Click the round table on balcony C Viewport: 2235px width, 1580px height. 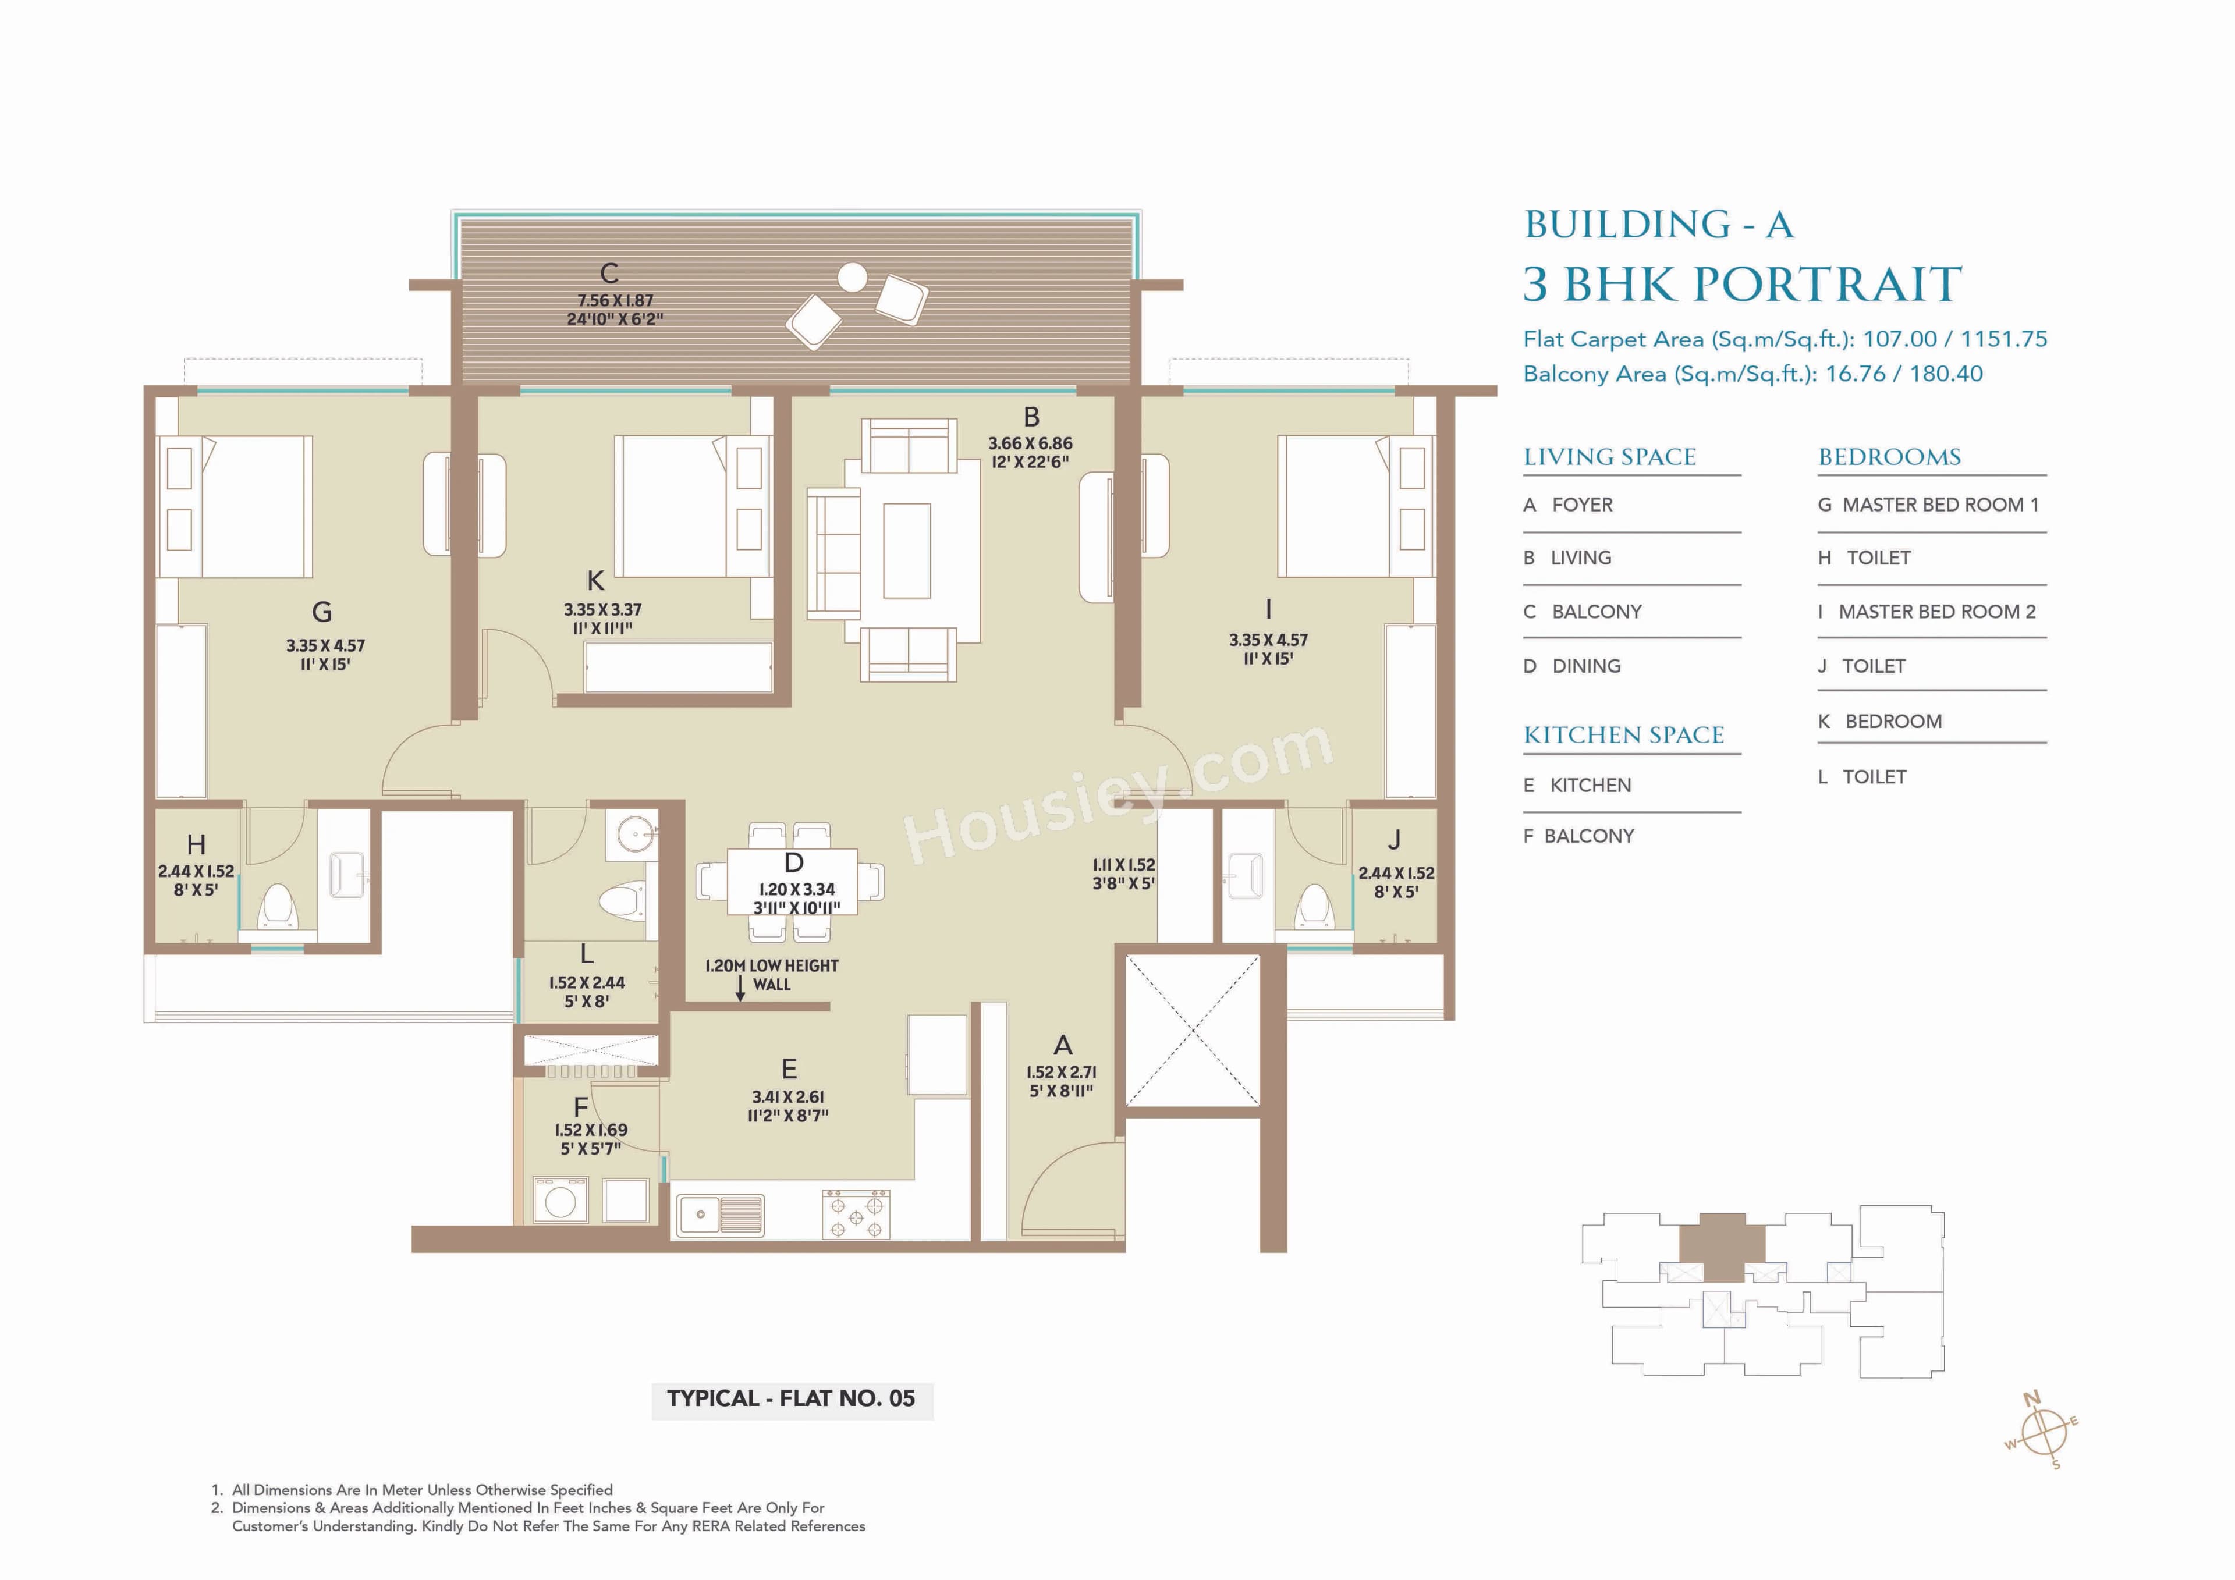tap(852, 278)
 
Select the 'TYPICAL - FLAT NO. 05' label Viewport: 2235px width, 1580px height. tap(790, 1399)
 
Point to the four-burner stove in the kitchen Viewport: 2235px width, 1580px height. tap(854, 1214)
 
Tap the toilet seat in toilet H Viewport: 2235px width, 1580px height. tap(278, 906)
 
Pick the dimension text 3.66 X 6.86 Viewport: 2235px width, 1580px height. tap(1030, 443)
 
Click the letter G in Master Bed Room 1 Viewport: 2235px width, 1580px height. tap(322, 612)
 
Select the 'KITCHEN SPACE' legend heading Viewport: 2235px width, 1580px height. tap(1624, 735)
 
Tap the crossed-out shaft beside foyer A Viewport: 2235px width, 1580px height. tap(1193, 1030)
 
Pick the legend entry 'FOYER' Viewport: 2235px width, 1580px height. tap(1582, 505)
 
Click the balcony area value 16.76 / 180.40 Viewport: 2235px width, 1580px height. tap(1903, 374)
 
